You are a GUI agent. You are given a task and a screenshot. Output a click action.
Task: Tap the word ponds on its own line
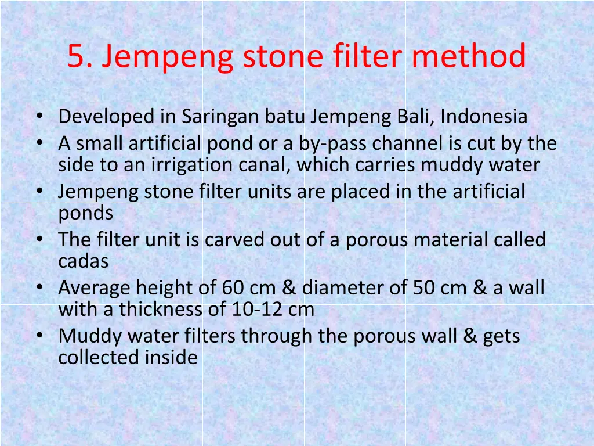point(85,213)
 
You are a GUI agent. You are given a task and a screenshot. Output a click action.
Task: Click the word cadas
point(83,261)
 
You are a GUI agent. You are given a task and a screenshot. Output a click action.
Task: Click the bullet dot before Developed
point(39,117)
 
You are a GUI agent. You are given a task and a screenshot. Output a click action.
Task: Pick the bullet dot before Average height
point(39,287)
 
